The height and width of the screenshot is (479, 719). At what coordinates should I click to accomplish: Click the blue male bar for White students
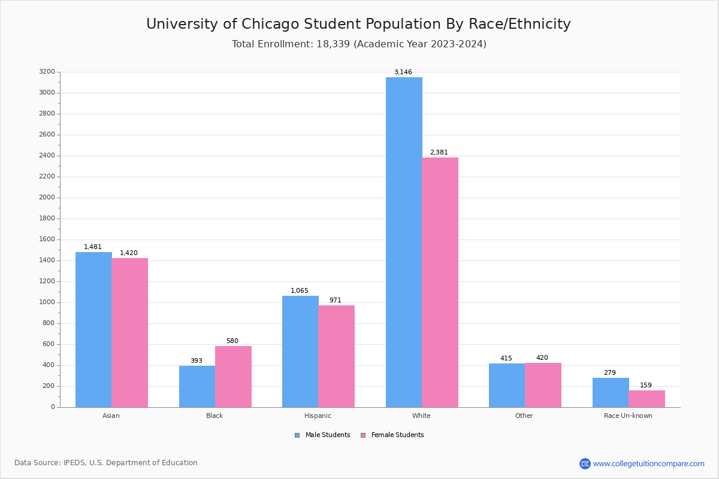pyautogui.click(x=404, y=242)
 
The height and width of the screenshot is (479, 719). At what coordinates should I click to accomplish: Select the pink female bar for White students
pyautogui.click(x=440, y=282)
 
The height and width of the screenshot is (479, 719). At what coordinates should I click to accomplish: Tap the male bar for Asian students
pyautogui.click(x=93, y=329)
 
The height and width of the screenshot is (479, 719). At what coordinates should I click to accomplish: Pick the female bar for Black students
pyautogui.click(x=233, y=377)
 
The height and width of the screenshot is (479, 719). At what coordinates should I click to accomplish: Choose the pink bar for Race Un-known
pyautogui.click(x=647, y=399)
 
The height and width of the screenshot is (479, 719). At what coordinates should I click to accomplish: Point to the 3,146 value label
pyautogui.click(x=403, y=72)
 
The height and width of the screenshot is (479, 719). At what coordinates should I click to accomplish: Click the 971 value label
pyautogui.click(x=335, y=301)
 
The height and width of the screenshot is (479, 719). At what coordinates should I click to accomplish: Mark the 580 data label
pyautogui.click(x=232, y=341)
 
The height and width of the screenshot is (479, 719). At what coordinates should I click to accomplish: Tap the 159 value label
pyautogui.click(x=645, y=386)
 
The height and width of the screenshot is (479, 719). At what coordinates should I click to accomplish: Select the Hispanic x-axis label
pyautogui.click(x=318, y=416)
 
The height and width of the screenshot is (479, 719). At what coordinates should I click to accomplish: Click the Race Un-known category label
pyautogui.click(x=628, y=416)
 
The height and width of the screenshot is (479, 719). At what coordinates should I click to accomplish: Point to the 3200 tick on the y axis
pyautogui.click(x=47, y=72)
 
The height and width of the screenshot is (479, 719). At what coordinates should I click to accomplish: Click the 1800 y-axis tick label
pyautogui.click(x=47, y=219)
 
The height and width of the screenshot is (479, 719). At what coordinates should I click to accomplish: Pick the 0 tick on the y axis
pyautogui.click(x=53, y=407)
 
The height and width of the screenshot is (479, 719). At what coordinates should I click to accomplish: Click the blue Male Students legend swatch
pyautogui.click(x=297, y=435)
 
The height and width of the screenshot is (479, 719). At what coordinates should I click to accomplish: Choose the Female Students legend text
pyautogui.click(x=397, y=435)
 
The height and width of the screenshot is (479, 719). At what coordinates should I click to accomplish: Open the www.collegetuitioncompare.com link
pyautogui.click(x=648, y=463)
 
